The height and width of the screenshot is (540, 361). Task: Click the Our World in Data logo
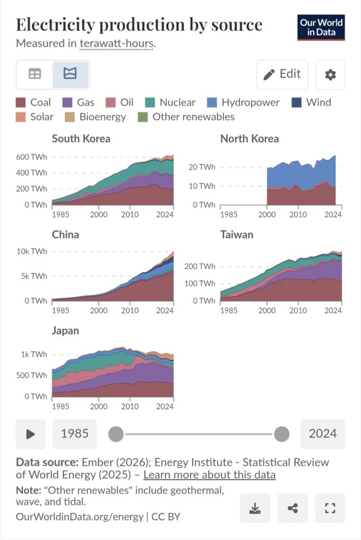[x=321, y=27]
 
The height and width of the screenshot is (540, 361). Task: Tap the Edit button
[x=282, y=74]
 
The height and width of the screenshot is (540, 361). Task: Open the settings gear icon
[x=330, y=74]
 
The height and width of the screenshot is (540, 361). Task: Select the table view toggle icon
[x=35, y=74]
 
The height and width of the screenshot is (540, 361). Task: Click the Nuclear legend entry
[x=170, y=102]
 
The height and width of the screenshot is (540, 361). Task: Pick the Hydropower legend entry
[x=242, y=102]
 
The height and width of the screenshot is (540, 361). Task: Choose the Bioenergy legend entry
[x=95, y=117]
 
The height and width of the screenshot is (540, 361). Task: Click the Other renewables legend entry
[x=186, y=117]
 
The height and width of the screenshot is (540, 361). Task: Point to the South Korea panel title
[x=81, y=139]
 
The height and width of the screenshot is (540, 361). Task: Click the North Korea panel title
[x=249, y=139]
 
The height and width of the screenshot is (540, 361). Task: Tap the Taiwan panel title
[x=237, y=235]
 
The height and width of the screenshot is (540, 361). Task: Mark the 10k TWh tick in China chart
[x=33, y=251]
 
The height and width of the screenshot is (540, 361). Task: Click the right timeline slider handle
[x=282, y=434]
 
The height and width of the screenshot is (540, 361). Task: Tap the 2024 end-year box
[x=323, y=434]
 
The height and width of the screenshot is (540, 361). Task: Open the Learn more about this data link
[x=209, y=475]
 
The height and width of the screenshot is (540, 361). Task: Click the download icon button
[x=255, y=508]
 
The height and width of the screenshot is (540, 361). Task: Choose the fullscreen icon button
[x=330, y=508]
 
